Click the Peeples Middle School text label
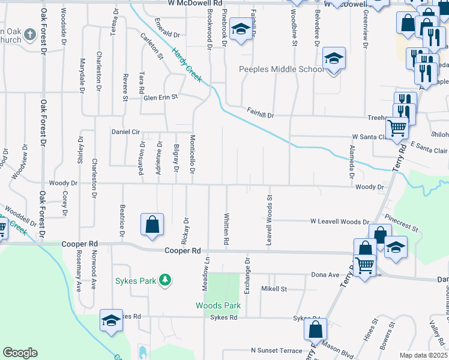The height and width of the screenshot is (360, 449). point(281,69)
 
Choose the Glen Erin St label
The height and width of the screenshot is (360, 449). point(160,97)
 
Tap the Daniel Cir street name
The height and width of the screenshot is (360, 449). point(125,131)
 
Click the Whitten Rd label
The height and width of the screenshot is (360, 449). point(226,229)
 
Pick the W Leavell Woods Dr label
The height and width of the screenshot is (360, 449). point(339,221)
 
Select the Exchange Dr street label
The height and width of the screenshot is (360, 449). point(247,276)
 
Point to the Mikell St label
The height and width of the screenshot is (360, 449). point(274,289)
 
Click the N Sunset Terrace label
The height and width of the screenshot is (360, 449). point(277,350)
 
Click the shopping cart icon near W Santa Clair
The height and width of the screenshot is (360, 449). point(397,128)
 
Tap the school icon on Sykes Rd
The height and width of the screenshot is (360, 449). point(111,322)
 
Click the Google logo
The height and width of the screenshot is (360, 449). point(20,353)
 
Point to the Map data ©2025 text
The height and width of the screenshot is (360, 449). point(423,355)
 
